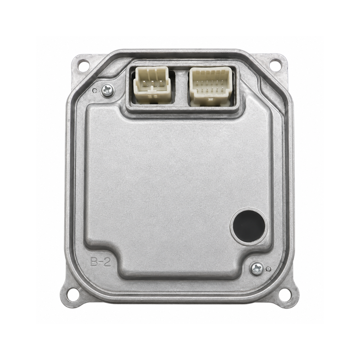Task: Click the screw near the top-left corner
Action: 107,90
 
